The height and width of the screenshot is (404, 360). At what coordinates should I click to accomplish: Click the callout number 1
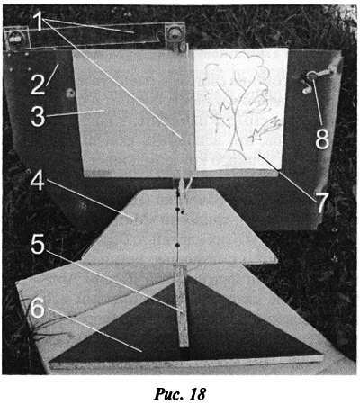pyautogui.click(x=40, y=22)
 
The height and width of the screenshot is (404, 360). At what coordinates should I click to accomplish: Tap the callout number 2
pyautogui.click(x=38, y=85)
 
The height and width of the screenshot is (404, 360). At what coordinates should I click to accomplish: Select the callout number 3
pyautogui.click(x=38, y=116)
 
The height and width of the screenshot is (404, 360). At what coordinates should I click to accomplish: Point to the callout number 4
pyautogui.click(x=38, y=181)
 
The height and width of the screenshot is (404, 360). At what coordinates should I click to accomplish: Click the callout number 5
pyautogui.click(x=38, y=245)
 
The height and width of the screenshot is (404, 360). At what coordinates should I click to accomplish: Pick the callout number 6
pyautogui.click(x=38, y=308)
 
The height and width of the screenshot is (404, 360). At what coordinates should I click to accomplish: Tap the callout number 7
pyautogui.click(x=321, y=202)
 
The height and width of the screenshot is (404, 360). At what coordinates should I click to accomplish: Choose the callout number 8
pyautogui.click(x=322, y=139)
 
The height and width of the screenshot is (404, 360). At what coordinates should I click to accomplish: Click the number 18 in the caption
pyautogui.click(x=197, y=393)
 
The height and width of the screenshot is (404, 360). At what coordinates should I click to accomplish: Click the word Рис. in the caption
pyautogui.click(x=168, y=394)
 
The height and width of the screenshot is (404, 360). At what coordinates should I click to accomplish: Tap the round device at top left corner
pyautogui.click(x=14, y=38)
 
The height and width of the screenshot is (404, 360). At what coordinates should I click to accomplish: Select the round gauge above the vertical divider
pyautogui.click(x=173, y=32)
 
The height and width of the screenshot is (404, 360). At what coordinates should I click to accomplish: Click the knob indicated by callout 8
pyautogui.click(x=312, y=76)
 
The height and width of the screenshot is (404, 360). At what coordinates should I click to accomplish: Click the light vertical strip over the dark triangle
pyautogui.click(x=181, y=305)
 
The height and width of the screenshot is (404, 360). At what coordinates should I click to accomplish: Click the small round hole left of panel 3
pyautogui.click(x=71, y=93)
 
